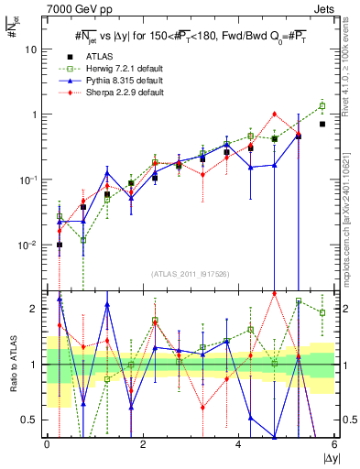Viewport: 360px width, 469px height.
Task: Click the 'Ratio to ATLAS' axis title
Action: [x=12, y=364]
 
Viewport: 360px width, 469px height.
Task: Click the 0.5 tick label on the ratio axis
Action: [x=33, y=420]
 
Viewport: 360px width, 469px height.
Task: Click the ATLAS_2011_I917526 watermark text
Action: [x=191, y=273]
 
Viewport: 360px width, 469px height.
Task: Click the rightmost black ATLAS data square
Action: [x=322, y=124]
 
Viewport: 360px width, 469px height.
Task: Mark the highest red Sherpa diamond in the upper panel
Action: [x=274, y=115]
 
